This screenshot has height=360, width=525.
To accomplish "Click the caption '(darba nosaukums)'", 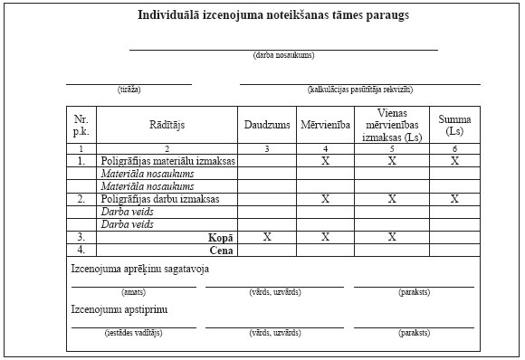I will tap(284, 56).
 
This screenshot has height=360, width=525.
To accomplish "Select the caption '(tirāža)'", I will tap(129, 90).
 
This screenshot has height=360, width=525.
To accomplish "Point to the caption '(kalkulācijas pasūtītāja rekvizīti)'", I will tap(359, 90).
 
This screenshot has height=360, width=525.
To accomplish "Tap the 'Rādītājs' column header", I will tap(167, 125).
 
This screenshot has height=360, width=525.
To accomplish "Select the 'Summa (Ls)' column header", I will tap(454, 125).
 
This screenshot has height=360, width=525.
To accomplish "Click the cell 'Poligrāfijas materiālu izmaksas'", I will tap(167, 161).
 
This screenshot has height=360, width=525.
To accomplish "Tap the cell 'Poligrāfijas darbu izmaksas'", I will tap(161, 198).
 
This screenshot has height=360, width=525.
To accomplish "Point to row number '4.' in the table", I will tap(81, 249).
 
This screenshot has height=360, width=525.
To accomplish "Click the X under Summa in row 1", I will tap(454, 161).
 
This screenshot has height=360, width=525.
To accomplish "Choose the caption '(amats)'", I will tap(133, 292).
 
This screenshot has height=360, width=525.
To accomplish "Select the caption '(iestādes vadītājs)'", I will tap(133, 333).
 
